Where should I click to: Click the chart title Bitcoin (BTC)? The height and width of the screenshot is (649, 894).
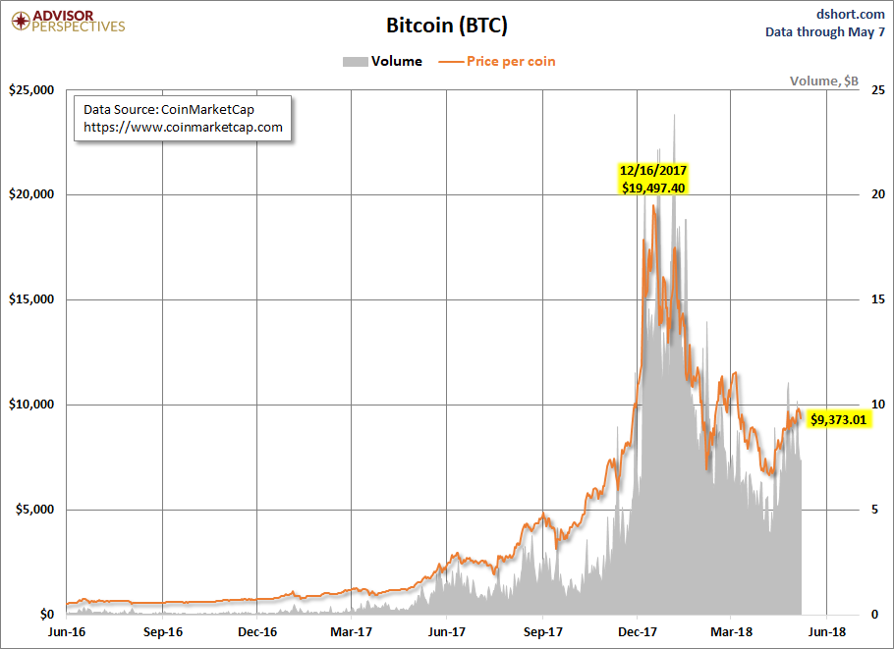click(447, 26)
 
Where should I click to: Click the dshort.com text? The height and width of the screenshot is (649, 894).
click(851, 13)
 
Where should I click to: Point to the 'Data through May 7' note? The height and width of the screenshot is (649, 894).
click(825, 31)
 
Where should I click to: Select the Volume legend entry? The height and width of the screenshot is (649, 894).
click(382, 61)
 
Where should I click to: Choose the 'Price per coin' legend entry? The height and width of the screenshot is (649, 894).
click(498, 61)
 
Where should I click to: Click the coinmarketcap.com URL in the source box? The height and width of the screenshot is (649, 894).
click(183, 128)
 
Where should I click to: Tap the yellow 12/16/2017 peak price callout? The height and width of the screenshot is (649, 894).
click(653, 178)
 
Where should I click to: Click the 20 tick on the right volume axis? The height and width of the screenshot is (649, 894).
click(876, 195)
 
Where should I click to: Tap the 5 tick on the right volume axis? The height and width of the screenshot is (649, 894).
click(876, 510)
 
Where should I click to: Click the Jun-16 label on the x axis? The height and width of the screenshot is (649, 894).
click(67, 632)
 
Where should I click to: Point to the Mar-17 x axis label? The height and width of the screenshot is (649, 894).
click(351, 632)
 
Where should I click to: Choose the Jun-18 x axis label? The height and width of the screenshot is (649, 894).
click(825, 632)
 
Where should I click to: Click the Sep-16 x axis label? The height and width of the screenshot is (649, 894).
click(162, 632)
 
